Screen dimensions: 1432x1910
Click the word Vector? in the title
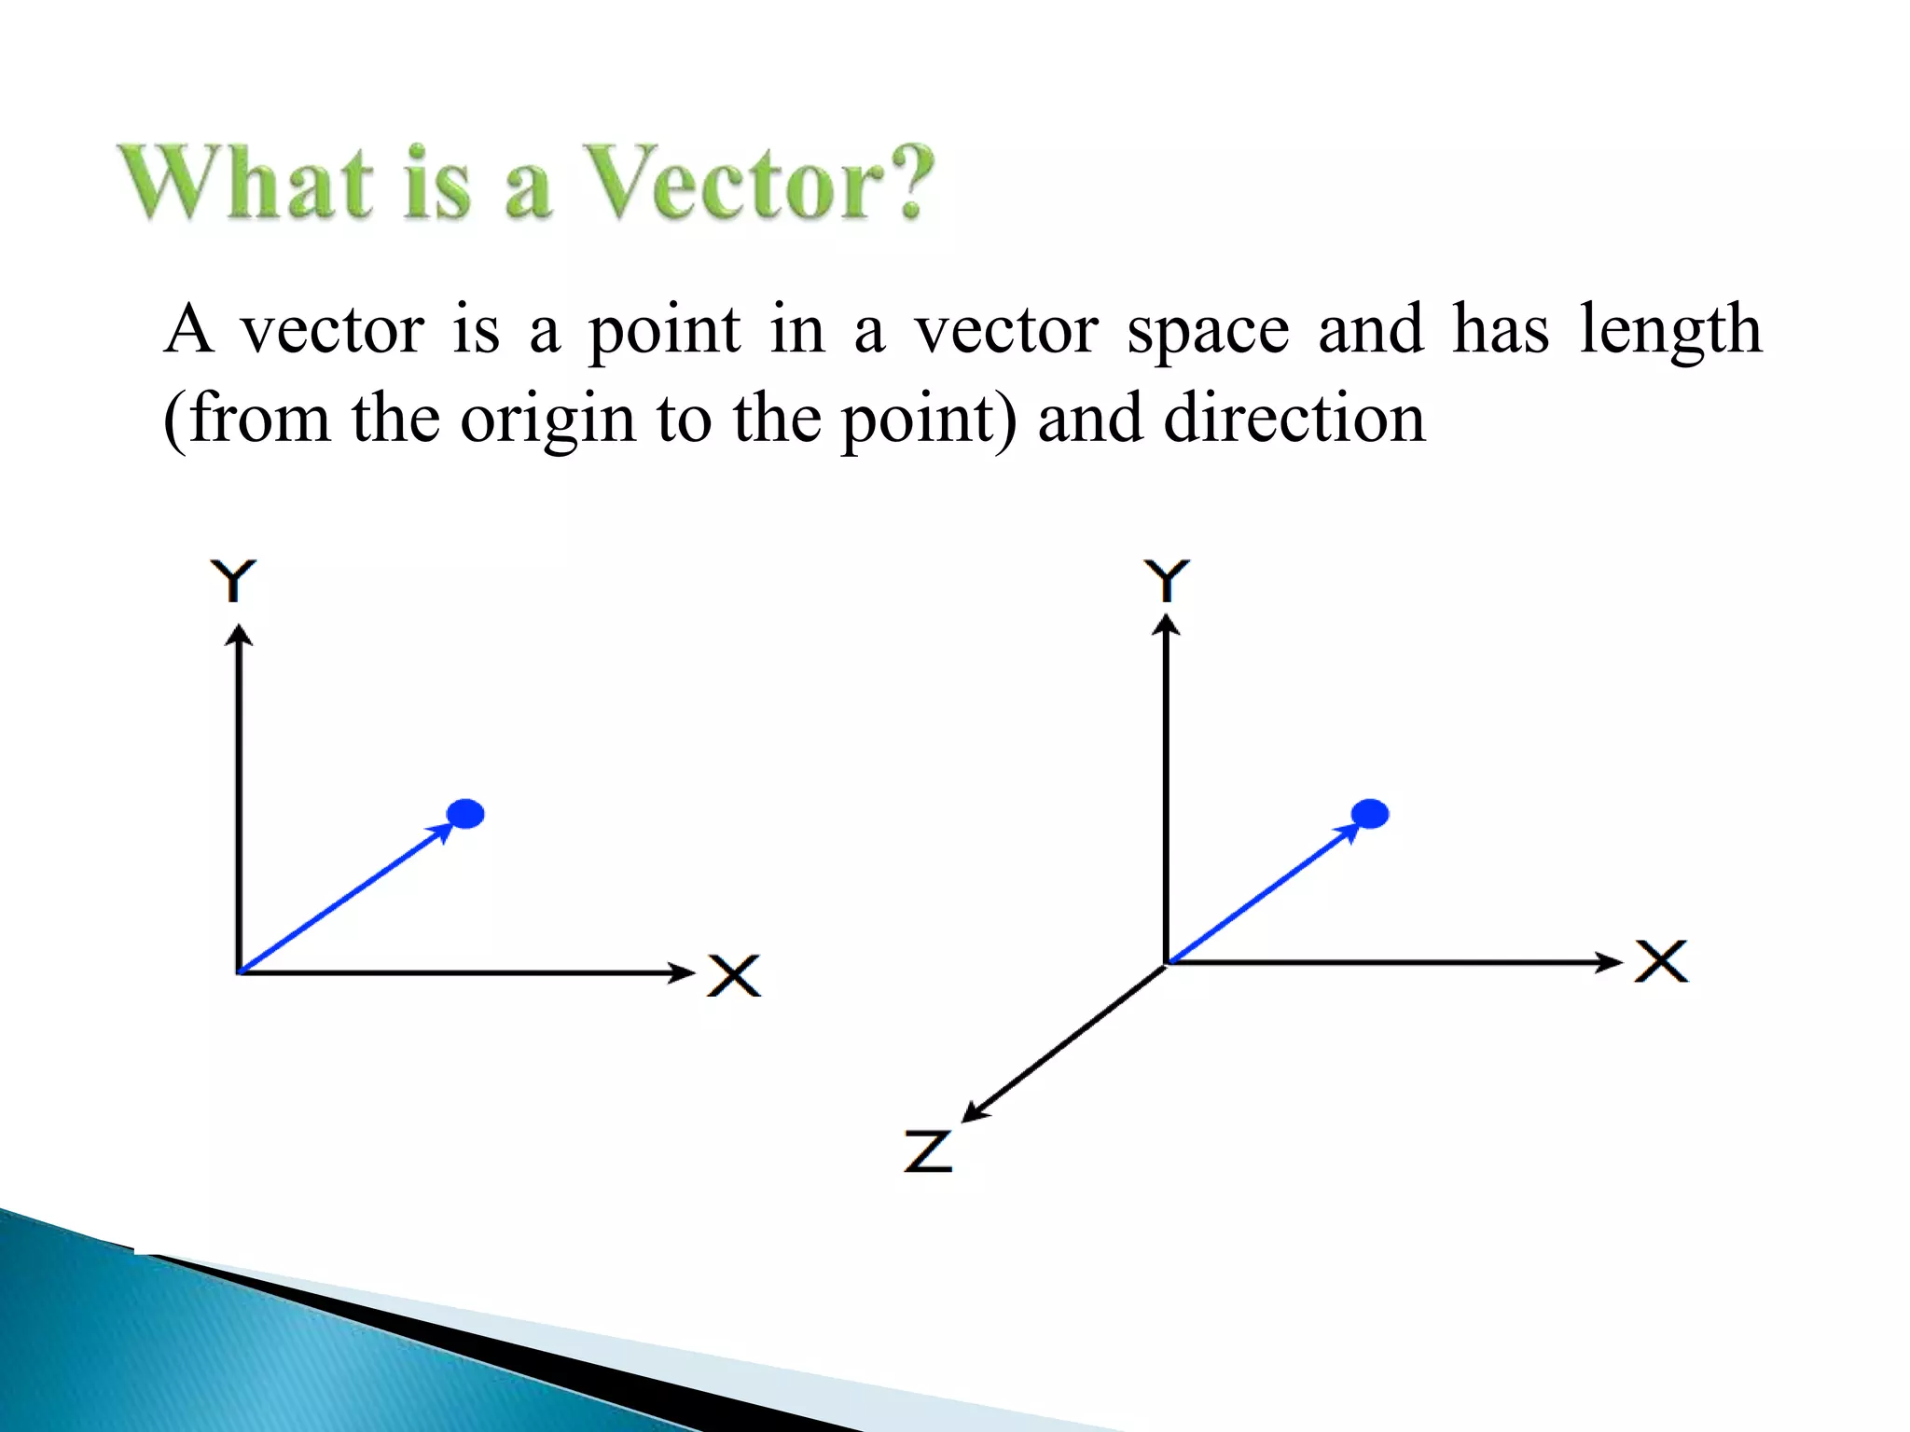point(760,183)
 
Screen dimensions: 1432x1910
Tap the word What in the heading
point(247,183)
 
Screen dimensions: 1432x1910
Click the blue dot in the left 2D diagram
point(465,814)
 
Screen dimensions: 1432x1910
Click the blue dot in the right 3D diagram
point(1369,814)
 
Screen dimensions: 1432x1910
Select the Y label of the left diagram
point(233,581)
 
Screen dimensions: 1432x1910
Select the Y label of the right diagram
point(1167,581)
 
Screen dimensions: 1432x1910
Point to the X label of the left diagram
point(734,975)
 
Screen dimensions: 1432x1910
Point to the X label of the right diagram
point(1661,961)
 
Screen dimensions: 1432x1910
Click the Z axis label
point(928,1150)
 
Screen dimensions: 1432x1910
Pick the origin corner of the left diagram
point(240,972)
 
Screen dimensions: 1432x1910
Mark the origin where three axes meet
point(1166,964)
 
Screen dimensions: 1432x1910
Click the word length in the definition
point(1669,331)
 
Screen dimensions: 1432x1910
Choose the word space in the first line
point(1208,331)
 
